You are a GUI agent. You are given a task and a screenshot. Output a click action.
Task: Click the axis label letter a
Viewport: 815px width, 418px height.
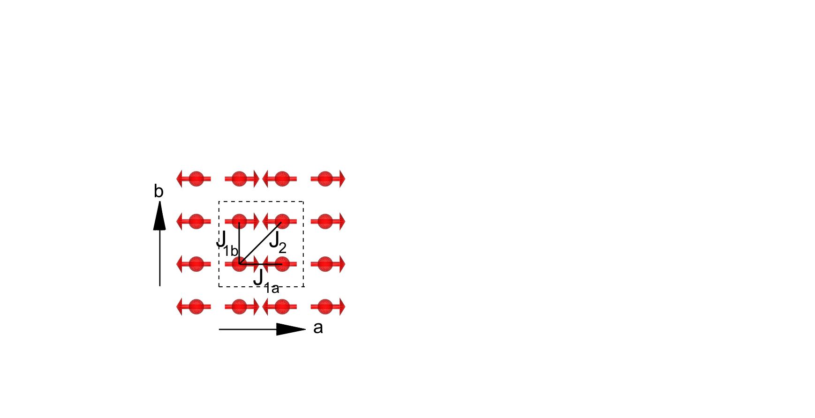tap(318, 328)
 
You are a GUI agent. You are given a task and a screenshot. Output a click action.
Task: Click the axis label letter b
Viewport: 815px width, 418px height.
tap(158, 191)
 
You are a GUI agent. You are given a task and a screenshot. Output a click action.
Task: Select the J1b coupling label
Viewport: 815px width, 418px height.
tap(227, 244)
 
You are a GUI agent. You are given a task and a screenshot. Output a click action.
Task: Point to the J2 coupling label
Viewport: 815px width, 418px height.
tap(278, 242)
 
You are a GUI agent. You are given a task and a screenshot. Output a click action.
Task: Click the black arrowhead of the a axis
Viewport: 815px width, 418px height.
tap(291, 329)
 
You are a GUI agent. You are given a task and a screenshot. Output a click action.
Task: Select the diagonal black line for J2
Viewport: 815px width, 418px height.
tap(260, 243)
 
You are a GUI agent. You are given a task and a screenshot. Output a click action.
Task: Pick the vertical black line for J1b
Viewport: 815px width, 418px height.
tap(239, 243)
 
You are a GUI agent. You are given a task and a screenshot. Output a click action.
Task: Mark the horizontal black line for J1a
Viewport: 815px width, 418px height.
tap(261, 264)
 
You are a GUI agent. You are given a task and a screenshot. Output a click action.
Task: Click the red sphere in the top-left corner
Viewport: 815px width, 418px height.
tap(196, 179)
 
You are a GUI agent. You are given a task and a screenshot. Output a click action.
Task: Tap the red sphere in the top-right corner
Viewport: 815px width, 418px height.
tap(325, 179)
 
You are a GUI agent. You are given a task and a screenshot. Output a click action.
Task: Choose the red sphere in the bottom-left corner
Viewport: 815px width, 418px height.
tap(196, 307)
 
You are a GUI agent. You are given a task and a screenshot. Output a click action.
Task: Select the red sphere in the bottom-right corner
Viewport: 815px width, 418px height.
tap(325, 307)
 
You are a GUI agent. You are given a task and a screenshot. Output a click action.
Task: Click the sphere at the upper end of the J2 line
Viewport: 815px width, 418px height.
tap(282, 221)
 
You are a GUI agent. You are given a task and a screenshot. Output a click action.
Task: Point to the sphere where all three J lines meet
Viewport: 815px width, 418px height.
tap(239, 264)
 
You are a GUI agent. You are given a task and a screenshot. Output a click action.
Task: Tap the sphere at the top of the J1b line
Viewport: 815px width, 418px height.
tap(239, 221)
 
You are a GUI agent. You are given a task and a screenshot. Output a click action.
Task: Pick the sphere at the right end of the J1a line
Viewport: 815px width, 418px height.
tap(282, 264)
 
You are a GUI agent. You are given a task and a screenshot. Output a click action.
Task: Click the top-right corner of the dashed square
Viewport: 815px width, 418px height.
tap(303, 202)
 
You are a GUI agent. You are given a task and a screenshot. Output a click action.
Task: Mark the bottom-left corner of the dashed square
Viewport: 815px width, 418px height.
tap(219, 287)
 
